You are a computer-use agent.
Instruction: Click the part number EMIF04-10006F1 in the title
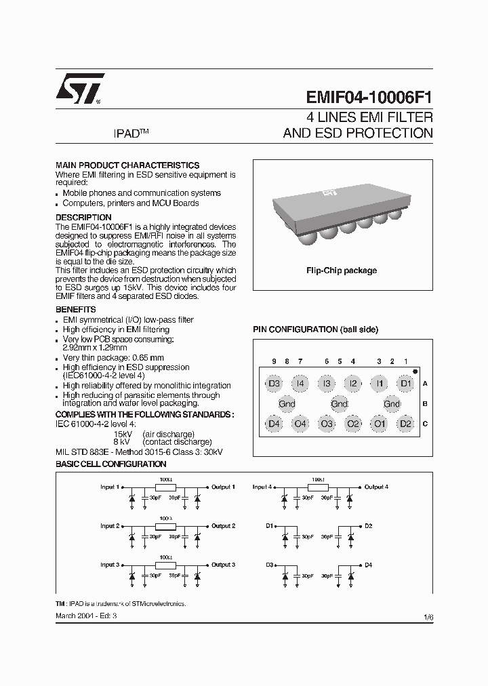click(x=365, y=97)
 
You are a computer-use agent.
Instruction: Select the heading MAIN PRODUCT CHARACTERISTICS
click(x=127, y=165)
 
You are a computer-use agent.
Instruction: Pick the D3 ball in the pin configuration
click(x=274, y=384)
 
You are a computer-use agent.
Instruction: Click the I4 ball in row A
click(x=300, y=384)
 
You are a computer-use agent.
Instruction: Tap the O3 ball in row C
click(x=327, y=424)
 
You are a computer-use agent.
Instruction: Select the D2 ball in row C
click(x=405, y=424)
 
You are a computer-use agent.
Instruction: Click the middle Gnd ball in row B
click(x=340, y=404)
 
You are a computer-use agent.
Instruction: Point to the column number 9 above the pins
click(x=274, y=361)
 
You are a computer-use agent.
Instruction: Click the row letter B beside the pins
click(x=425, y=404)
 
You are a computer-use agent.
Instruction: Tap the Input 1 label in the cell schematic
click(x=110, y=487)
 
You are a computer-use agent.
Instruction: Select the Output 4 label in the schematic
click(x=376, y=487)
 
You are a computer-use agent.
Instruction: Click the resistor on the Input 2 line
click(x=165, y=526)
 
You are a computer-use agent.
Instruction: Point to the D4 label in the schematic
click(x=369, y=565)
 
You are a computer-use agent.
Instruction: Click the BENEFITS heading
click(x=75, y=309)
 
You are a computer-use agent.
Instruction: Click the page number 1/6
click(x=428, y=617)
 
